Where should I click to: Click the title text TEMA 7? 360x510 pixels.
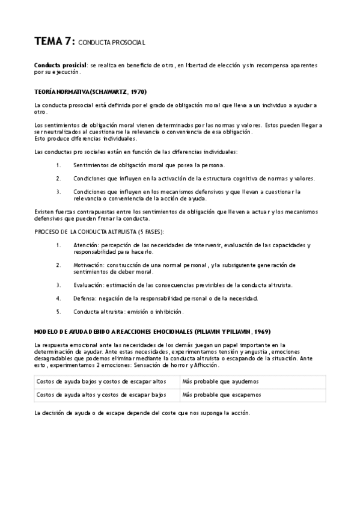55,41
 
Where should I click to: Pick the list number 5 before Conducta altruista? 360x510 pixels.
58,312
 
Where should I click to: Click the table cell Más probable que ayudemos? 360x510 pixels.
212,365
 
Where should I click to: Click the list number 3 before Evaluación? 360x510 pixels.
58,284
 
